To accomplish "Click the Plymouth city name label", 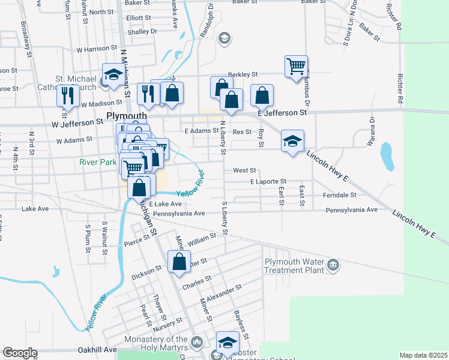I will pos(127,115).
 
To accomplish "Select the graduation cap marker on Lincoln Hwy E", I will pos(292,142).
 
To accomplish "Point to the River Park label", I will pos(98,161).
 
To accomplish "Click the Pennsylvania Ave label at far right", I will pos(351,210).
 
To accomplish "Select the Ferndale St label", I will pos(339,194).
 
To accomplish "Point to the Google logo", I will pos(19,353).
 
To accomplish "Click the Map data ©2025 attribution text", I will pos(423,355).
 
